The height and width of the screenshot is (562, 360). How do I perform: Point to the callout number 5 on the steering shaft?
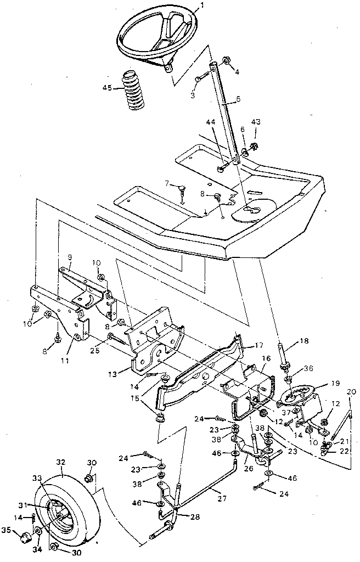coord(223,99)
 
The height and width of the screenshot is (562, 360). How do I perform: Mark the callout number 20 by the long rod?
coord(352,392)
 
